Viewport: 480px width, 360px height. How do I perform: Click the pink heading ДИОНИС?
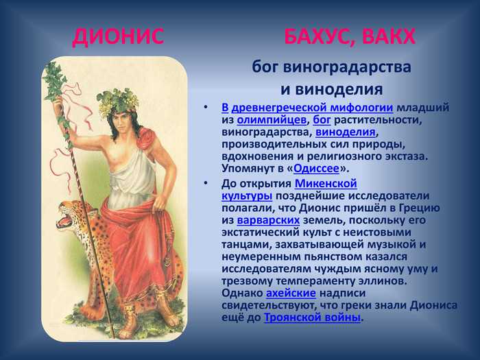[x=119, y=37]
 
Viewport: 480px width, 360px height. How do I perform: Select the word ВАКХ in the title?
[x=389, y=37]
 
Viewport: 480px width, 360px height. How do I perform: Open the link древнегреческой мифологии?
[x=312, y=108]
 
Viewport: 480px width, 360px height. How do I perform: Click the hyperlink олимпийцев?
[x=272, y=120]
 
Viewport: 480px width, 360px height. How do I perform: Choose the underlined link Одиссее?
[x=316, y=169]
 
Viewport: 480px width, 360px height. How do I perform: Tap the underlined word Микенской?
[x=326, y=184]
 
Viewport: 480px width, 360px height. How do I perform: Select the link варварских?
[x=269, y=220]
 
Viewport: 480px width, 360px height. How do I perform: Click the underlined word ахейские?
[x=291, y=293]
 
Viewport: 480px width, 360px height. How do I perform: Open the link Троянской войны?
[x=312, y=317]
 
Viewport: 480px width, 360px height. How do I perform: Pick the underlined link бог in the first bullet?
[x=322, y=120]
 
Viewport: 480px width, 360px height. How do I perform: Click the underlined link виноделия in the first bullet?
[x=346, y=132]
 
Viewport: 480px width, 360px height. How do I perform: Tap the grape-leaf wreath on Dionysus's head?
[x=117, y=100]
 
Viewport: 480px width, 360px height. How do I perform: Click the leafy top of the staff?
[x=54, y=80]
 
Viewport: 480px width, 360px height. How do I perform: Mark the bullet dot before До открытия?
[x=206, y=183]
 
